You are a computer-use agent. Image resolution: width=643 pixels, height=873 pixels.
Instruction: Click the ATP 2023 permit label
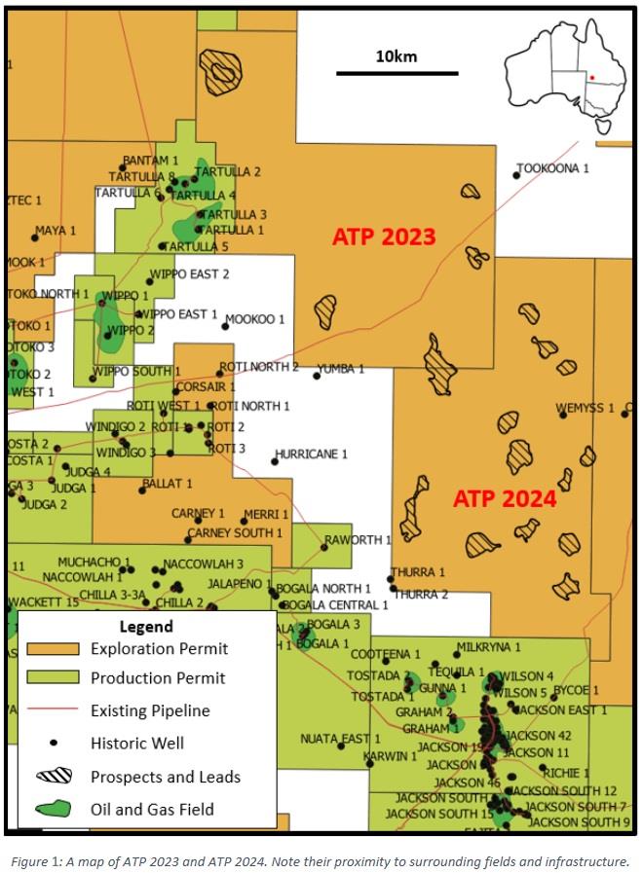pos(384,236)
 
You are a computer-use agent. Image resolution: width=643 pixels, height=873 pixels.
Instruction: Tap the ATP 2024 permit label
pos(505,499)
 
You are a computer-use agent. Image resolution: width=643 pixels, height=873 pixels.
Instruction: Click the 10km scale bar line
pos(397,73)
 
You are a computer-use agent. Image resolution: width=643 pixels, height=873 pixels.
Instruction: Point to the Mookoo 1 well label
pos(257,319)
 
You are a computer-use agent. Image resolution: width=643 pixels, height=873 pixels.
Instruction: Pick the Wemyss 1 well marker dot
pos(563,415)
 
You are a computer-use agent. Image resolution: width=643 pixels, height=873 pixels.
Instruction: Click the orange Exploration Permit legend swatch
pos(53,648)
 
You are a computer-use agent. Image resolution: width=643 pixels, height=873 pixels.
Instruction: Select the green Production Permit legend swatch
pos(53,677)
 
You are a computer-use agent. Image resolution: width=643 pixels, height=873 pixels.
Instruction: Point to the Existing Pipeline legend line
pos(53,710)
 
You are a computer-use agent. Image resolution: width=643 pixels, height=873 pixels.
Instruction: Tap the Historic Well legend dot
pos(54,743)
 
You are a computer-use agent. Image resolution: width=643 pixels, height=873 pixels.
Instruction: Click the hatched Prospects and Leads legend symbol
pos(53,776)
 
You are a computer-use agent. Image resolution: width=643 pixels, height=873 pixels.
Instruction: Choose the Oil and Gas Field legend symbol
pos(53,808)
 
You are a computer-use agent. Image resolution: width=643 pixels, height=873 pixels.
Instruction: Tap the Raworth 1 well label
pos(358,539)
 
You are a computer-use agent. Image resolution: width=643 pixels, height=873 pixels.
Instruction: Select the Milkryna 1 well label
pos(492,646)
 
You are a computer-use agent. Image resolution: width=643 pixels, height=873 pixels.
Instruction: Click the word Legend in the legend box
pos(145,626)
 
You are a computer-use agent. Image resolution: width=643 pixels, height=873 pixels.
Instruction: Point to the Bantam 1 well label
pos(151,160)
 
